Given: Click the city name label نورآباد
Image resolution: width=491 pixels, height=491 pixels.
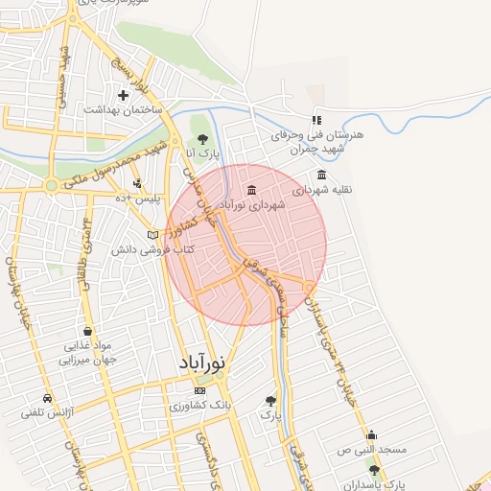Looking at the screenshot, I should (202, 364).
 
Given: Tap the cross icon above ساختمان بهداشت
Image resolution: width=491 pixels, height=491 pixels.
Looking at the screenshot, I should (123, 95).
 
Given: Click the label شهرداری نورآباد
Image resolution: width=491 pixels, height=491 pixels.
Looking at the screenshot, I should (252, 204).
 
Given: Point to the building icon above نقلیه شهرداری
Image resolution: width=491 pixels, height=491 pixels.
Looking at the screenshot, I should (320, 175).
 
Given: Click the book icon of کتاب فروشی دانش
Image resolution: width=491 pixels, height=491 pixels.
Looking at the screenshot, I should (152, 235).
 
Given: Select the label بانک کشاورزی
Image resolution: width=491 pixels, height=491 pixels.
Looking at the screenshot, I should (199, 406).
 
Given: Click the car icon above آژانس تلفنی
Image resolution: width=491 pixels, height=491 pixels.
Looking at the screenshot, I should (47, 398).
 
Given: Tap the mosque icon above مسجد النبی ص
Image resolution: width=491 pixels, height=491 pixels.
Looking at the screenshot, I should (371, 434).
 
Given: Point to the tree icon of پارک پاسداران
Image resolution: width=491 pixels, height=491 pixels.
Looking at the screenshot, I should (374, 470).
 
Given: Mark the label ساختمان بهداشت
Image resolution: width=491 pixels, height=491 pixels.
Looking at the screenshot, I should (123, 110).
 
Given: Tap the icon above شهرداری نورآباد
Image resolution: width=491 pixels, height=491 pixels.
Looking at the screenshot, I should (251, 189).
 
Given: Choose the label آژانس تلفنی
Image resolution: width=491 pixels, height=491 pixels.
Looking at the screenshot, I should (48, 413).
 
